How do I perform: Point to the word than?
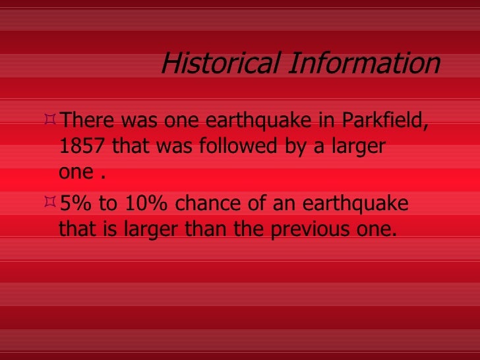(x=196, y=229)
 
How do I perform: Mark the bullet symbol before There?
(x=51, y=120)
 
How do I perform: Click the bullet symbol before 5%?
(x=51, y=202)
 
